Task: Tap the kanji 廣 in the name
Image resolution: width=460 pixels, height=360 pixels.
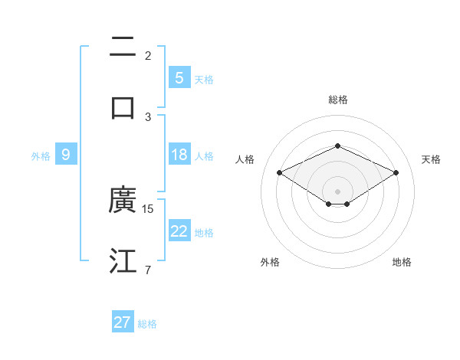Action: coord(123,201)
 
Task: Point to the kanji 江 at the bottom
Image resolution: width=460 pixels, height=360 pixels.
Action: coord(123,260)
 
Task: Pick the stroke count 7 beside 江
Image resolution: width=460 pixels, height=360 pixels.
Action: coord(147,270)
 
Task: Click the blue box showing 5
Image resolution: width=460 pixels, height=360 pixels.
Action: coord(179,78)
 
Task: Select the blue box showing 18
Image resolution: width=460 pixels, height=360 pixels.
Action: coord(179,155)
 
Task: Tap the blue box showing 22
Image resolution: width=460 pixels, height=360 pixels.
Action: coord(179,231)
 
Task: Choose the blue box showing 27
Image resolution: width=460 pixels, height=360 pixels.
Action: coord(123,322)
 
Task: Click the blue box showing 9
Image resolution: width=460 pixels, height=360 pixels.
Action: coord(66,155)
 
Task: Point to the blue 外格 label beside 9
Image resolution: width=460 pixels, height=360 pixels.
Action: coord(41,155)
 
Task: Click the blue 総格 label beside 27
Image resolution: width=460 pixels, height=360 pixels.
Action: coord(147,324)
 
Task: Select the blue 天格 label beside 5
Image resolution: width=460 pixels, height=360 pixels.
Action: coord(203,79)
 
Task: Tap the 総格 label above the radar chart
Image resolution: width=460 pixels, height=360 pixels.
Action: coord(337,100)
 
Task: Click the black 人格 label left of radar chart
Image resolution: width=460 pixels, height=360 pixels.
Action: coord(245,159)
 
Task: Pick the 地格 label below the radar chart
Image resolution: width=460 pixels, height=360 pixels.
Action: coord(402,262)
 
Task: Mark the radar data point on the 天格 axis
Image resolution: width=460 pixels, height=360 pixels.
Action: coord(396,173)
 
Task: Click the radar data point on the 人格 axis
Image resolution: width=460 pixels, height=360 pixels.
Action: coord(279,173)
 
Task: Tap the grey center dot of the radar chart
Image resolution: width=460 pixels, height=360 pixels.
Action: coord(337,191)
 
